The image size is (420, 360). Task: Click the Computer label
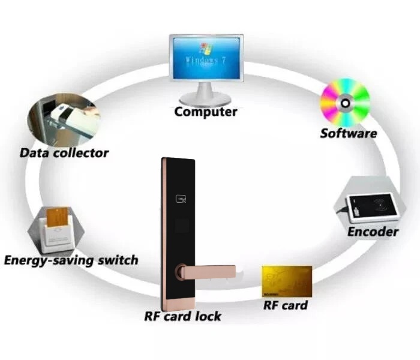coord(206,112)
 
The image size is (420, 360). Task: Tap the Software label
coord(349,133)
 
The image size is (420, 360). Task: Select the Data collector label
coord(64,153)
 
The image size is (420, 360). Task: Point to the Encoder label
coord(373,232)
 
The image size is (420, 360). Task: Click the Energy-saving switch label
coord(71,260)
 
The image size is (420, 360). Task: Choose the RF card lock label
coord(182,316)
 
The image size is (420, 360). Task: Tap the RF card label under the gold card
coord(286,305)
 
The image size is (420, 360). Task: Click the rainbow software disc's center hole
coord(345,103)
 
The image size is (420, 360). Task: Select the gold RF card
coord(287,281)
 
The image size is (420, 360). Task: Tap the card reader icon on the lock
coord(181,199)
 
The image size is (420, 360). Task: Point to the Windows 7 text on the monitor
coord(206,61)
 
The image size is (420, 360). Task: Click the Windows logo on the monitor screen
coord(206,49)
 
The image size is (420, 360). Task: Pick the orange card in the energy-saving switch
coord(57,217)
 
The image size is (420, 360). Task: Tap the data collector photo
coord(64,119)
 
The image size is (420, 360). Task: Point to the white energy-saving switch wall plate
coord(58,235)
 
